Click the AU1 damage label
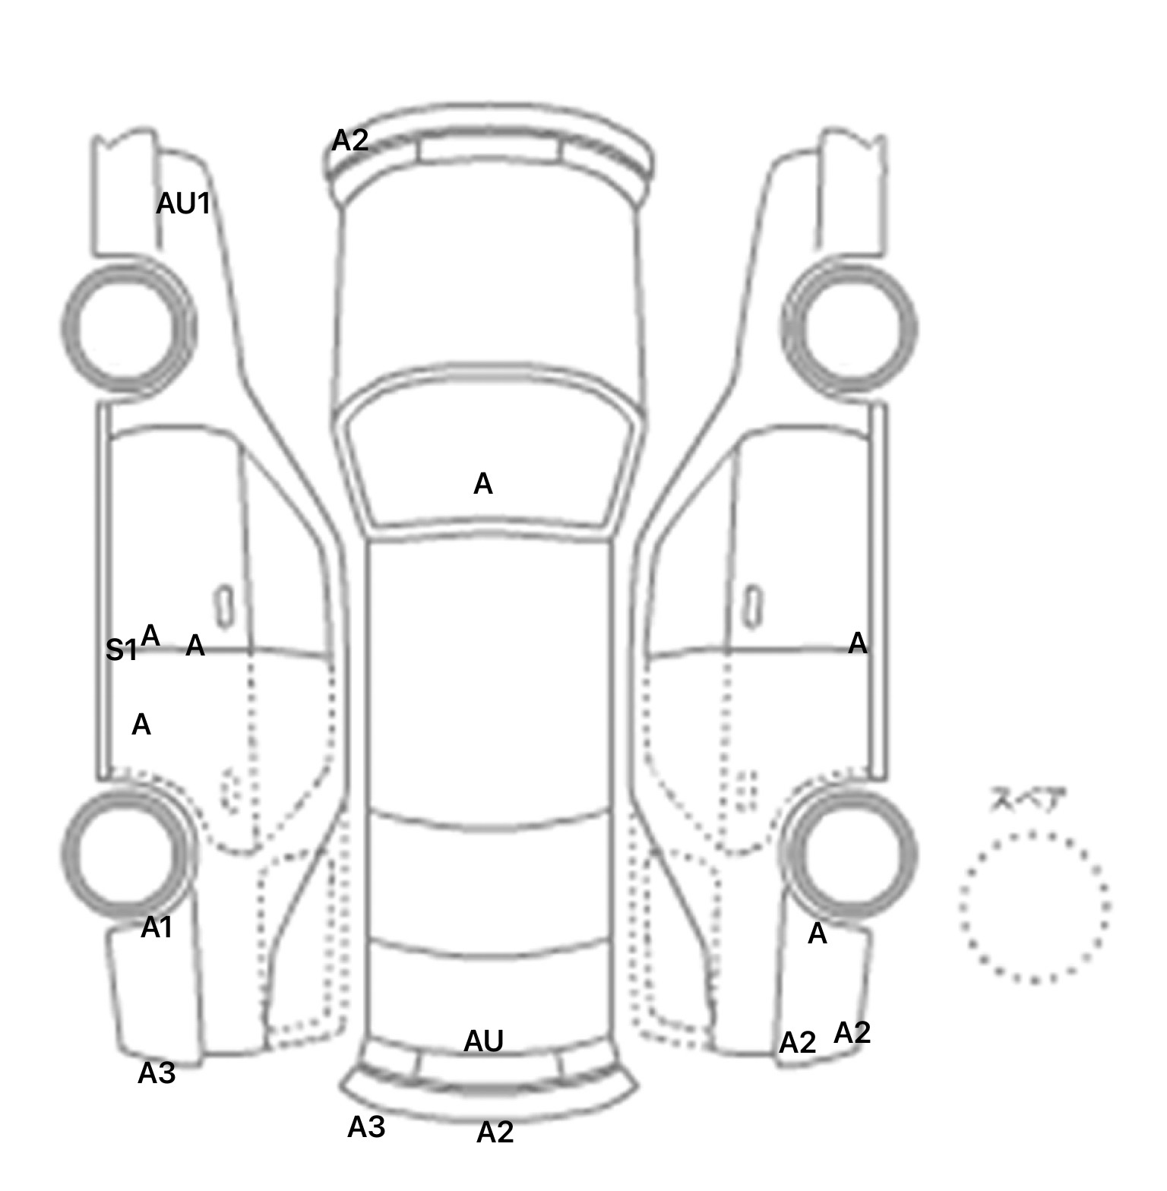(x=183, y=204)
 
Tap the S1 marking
(x=121, y=650)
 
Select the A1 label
(x=157, y=927)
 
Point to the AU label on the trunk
(x=483, y=1041)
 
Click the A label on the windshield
(x=483, y=484)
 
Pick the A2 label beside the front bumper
(x=350, y=140)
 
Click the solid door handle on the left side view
(x=225, y=607)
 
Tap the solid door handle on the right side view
(x=752, y=607)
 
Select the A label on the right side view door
(x=858, y=644)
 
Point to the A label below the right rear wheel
(x=818, y=934)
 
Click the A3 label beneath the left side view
(x=157, y=1073)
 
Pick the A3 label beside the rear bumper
(x=366, y=1128)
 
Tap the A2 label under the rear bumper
(x=495, y=1133)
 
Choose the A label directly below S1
(x=141, y=725)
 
